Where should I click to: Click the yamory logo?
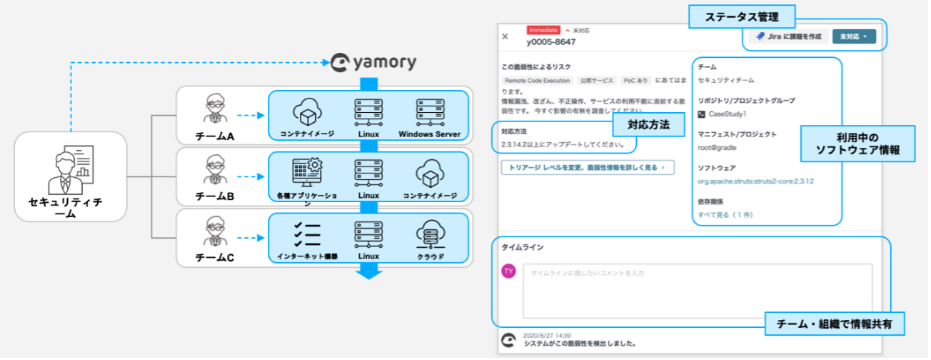pyautogui.click(x=373, y=63)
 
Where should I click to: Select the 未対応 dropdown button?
pyautogui.click(x=854, y=36)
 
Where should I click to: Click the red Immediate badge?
pyautogui.click(x=543, y=30)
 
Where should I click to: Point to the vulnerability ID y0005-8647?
pyautogui.click(x=552, y=41)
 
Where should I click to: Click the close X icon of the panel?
pyautogui.click(x=505, y=36)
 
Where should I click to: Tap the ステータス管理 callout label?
pyautogui.click(x=733, y=16)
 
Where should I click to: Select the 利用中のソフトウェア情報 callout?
pyautogui.click(x=857, y=144)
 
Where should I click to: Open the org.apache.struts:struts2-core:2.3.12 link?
pyautogui.click(x=755, y=181)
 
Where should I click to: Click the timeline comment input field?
pyautogui.click(x=697, y=290)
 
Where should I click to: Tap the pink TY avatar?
pyautogui.click(x=508, y=271)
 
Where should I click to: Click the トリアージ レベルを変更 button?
pyautogui.click(x=587, y=167)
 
